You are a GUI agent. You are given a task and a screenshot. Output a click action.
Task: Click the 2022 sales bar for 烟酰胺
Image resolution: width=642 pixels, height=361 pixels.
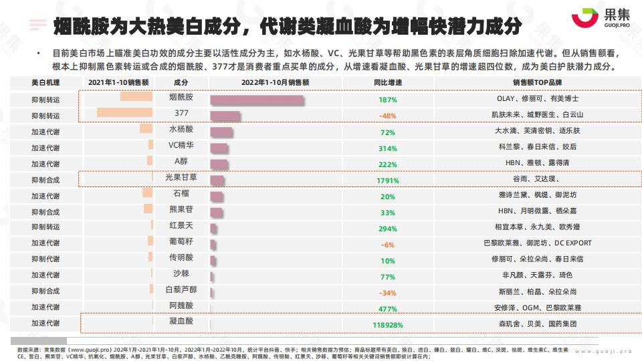pyautogui.click(x=257, y=100)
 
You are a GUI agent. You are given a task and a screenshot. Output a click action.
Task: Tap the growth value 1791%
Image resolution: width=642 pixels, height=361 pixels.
pyautogui.click(x=388, y=180)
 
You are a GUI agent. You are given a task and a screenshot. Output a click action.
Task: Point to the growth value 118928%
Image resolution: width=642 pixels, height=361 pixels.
pyautogui.click(x=388, y=325)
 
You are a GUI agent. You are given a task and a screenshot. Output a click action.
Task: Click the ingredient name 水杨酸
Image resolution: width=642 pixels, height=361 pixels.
pyautogui.click(x=181, y=129)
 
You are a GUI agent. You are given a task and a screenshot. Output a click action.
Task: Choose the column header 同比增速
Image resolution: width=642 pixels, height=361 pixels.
pyautogui.click(x=388, y=82)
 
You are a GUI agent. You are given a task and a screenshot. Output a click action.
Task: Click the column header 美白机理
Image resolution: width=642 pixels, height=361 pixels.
pyautogui.click(x=45, y=82)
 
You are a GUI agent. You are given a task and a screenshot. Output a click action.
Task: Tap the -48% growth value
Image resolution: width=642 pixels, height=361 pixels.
pyautogui.click(x=388, y=116)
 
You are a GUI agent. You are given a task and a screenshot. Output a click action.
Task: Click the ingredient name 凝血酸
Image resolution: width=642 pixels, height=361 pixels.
pyautogui.click(x=181, y=322)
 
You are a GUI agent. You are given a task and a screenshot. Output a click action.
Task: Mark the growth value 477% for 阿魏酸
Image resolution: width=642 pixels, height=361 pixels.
pyautogui.click(x=388, y=309)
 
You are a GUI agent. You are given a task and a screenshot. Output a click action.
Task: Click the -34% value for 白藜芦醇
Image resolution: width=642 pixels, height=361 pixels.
pyautogui.click(x=388, y=293)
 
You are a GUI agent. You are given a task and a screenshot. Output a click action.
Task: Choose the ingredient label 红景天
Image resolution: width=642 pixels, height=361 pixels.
pyautogui.click(x=181, y=225)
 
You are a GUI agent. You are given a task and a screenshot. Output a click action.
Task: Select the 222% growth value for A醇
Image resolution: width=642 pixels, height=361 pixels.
pyautogui.click(x=388, y=164)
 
